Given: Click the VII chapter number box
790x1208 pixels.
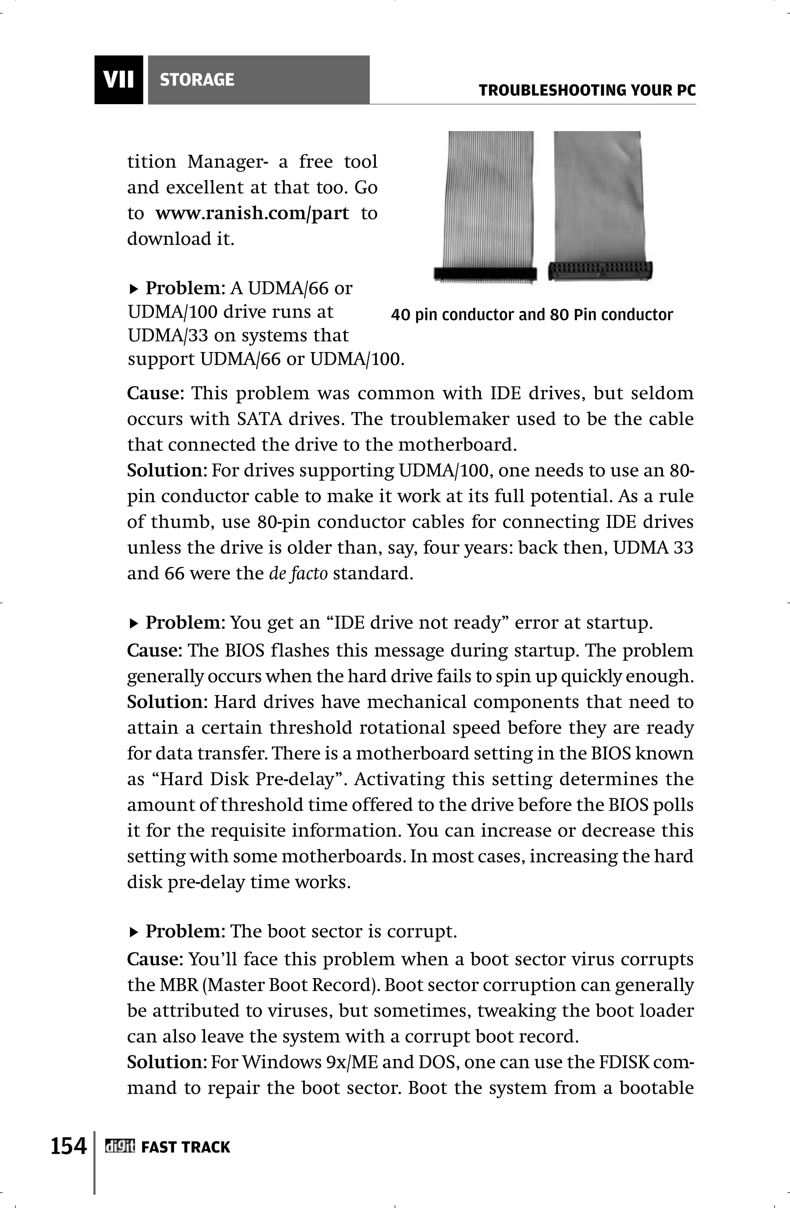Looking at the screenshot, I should (x=119, y=80).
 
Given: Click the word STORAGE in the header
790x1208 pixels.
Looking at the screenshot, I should (x=197, y=80).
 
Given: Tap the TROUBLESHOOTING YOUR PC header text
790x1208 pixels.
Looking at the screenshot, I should (x=587, y=91).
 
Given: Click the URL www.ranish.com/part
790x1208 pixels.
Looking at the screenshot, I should (x=252, y=213).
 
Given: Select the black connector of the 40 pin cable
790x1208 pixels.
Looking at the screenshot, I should (x=485, y=274).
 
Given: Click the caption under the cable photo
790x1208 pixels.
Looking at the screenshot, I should (x=532, y=315).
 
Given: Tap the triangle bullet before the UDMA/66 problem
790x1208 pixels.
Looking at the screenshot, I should (x=134, y=289).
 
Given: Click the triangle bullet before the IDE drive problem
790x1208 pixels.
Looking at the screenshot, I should (x=134, y=623).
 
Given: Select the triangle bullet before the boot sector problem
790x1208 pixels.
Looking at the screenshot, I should (x=134, y=932).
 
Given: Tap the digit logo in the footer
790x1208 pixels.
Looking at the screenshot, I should (x=119, y=1147).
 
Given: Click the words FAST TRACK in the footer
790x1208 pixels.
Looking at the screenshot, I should (x=185, y=1147).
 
